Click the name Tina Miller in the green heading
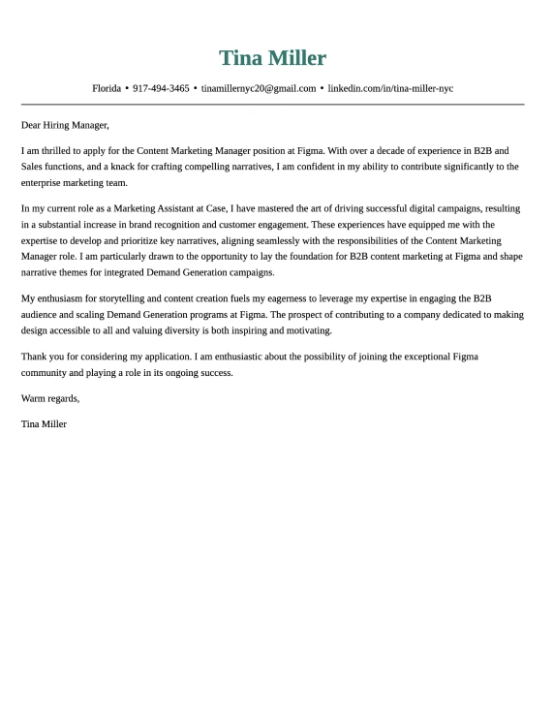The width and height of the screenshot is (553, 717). (272, 58)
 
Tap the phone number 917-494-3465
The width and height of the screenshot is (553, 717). (161, 88)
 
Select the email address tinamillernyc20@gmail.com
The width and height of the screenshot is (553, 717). (259, 88)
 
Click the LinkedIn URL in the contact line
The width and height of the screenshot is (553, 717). (390, 88)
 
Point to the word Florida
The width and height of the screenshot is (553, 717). (107, 88)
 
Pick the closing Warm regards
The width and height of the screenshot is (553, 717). (50, 398)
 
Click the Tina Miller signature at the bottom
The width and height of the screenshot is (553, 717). (44, 423)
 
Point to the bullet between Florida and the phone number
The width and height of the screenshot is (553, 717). (127, 88)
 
